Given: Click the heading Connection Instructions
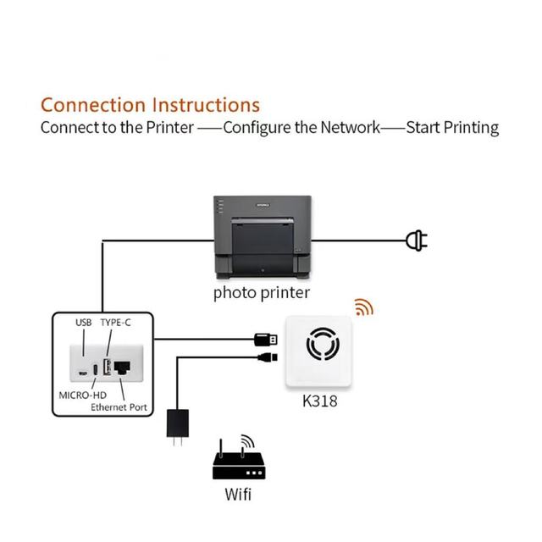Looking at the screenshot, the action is coord(151,105).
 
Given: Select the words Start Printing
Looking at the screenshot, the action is coord(452,128).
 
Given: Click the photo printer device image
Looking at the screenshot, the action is coord(263,237).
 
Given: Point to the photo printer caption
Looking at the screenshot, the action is coord(262,293).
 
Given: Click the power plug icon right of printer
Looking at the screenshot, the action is coord(417,241).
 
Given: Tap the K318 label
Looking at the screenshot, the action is coord(320,401).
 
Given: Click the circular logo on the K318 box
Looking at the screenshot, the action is coord(323,344).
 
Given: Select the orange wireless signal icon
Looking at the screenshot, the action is coord(364,307).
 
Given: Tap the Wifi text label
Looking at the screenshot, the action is coord(238,494).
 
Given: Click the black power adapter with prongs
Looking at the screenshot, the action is coord(178,427).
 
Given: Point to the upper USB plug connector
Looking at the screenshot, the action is coord(266,340).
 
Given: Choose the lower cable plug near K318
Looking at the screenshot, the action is coord(268,357).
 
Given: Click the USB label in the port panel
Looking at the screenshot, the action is coord(84,323).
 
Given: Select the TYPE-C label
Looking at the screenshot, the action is coord(116,323).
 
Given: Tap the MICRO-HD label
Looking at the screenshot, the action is coord(83,395).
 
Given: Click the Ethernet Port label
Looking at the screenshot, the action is coord(119,407).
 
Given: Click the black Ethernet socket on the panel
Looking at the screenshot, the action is coord(122,368).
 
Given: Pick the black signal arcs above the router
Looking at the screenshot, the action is coord(248,440).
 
